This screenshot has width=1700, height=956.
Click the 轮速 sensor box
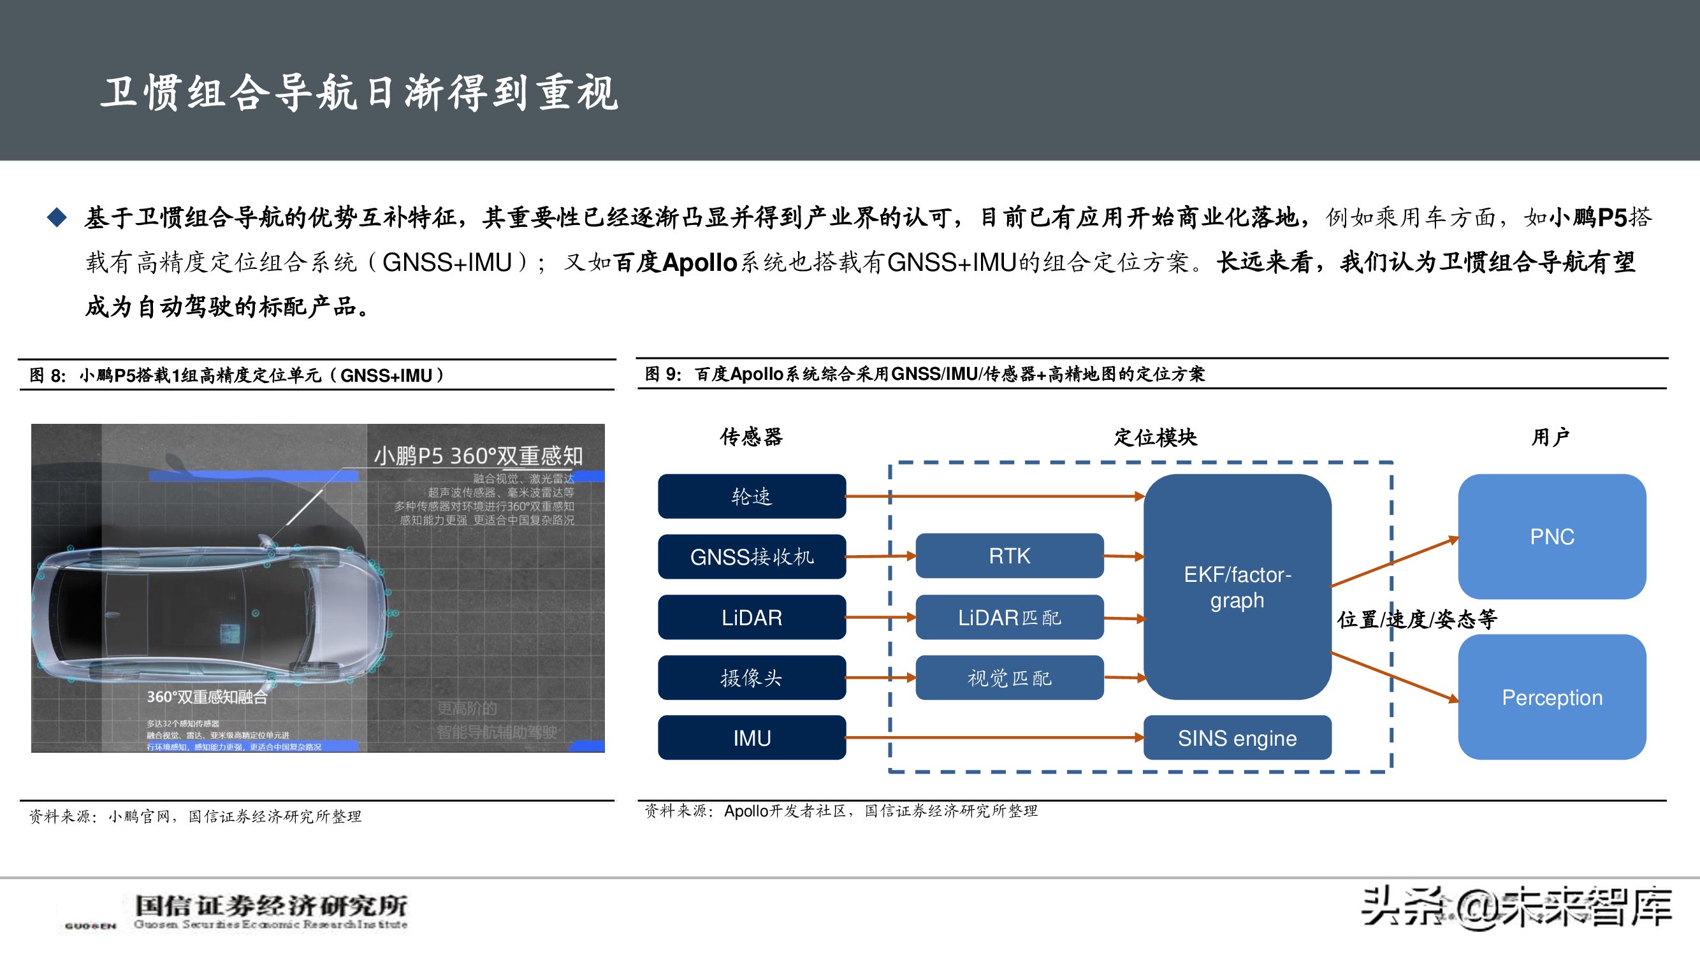pos(752,496)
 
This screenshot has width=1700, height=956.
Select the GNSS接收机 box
pos(752,557)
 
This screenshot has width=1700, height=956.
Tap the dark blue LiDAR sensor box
pos(752,618)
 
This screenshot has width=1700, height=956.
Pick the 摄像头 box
pos(752,677)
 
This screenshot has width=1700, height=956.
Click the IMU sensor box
pos(752,737)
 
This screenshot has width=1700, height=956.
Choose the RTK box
pos(1009,556)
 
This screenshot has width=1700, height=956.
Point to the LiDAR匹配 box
pos(1009,618)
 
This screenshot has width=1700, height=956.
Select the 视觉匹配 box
pos(1009,677)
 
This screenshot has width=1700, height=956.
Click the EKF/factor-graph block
pos(1237,587)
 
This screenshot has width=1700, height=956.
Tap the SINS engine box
pos(1237,737)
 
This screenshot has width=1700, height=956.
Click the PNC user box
pos(1551,537)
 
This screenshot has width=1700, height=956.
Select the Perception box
pos(1551,697)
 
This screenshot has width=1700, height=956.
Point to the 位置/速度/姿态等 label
pos(1417,619)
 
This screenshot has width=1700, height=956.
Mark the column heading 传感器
pos(751,437)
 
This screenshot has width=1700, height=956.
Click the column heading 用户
pos(1550,437)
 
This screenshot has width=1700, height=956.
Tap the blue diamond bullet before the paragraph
pos(57,217)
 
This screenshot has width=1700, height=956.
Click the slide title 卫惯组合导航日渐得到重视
pos(360,92)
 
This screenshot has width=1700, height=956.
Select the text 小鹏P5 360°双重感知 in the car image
pos(478,456)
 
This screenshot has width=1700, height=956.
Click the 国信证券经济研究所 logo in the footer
pos(270,911)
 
